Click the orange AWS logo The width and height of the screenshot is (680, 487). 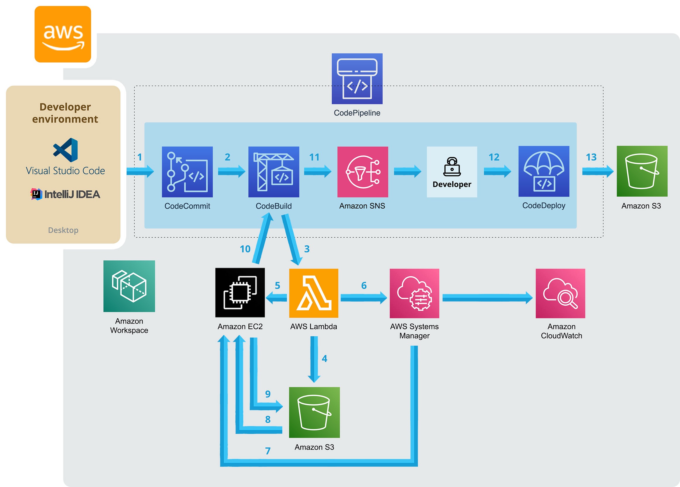tap(63, 34)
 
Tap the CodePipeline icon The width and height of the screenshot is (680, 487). tap(357, 79)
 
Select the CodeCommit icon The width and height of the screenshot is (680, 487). tap(187, 172)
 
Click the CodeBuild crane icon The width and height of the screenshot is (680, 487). tap(273, 172)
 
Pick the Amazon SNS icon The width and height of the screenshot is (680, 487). tap(362, 172)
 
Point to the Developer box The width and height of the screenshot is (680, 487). tap(452, 172)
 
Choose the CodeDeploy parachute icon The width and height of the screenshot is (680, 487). tap(544, 171)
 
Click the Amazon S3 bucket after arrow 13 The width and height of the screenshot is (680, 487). tap(642, 171)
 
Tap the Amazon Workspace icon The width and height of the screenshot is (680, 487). tap(129, 286)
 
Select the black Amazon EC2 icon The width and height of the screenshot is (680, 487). tap(240, 293)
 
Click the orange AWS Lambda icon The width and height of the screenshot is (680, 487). tap(314, 293)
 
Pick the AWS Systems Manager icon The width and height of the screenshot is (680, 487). tap(414, 293)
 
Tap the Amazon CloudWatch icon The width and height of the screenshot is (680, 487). tap(560, 293)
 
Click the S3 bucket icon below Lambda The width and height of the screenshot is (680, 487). tap(314, 412)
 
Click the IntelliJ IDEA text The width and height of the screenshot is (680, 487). tap(72, 194)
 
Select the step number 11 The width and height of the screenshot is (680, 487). tap(314, 157)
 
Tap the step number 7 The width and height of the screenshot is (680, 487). tap(268, 451)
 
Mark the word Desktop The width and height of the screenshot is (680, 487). tap(63, 230)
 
